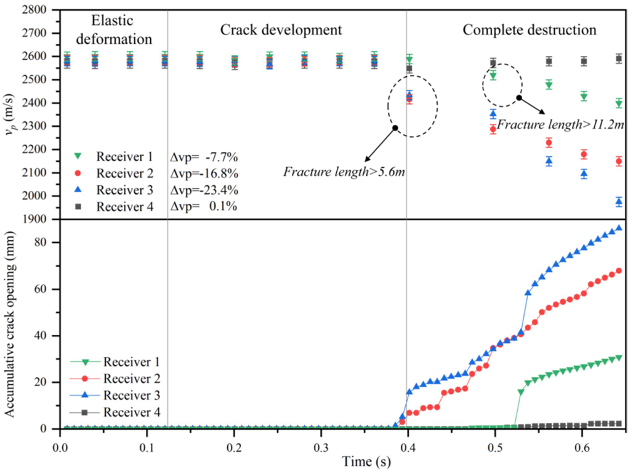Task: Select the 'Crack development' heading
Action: pyautogui.click(x=281, y=29)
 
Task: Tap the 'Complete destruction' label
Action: pyautogui.click(x=529, y=29)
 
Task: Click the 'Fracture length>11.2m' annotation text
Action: pyautogui.click(x=560, y=124)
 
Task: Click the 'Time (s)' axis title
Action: pyautogui.click(x=342, y=460)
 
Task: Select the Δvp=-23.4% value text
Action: pyautogui.click(x=204, y=190)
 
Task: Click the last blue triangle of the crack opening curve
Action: pyautogui.click(x=619, y=228)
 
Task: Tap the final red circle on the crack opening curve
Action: pyautogui.click(x=619, y=270)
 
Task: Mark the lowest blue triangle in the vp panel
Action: pyautogui.click(x=619, y=201)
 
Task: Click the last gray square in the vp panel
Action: pyautogui.click(x=619, y=58)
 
